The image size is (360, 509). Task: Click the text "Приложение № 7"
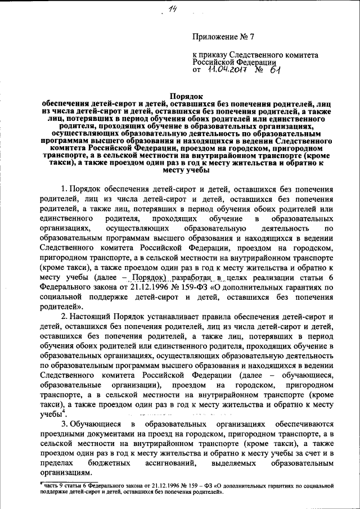[223, 37]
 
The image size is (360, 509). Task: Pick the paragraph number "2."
[65, 317]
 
